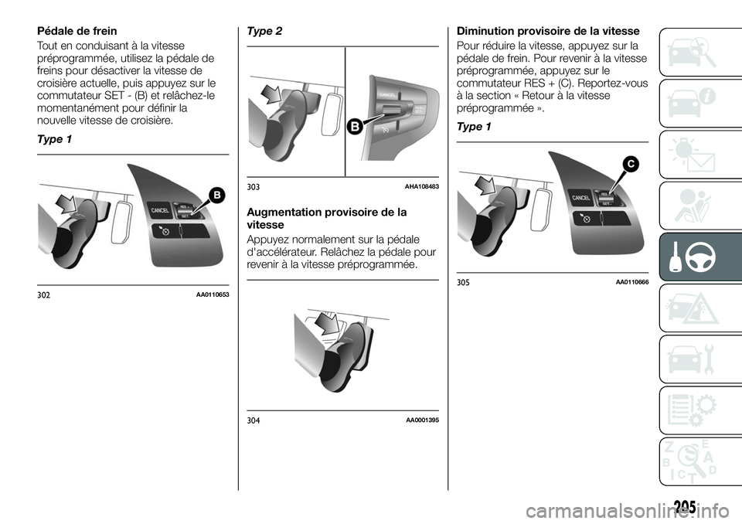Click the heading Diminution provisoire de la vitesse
[x=548, y=32]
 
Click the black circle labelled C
[x=631, y=164]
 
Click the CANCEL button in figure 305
[x=581, y=197]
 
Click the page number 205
[x=693, y=505]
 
